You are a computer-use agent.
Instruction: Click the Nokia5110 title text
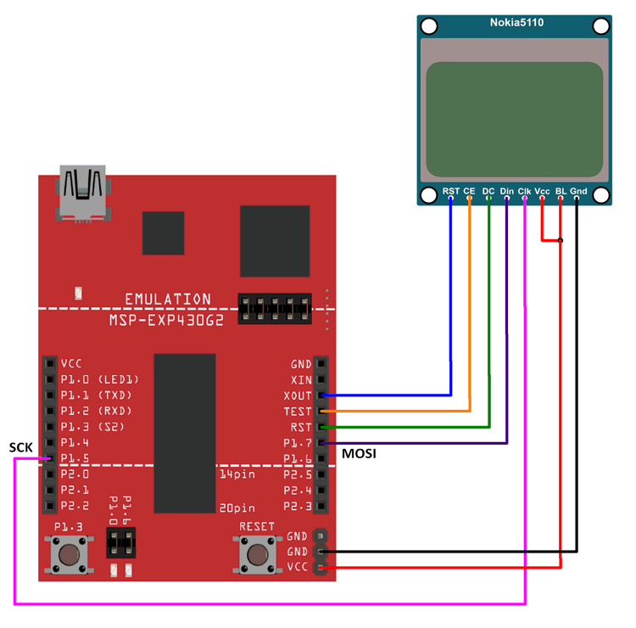(514, 22)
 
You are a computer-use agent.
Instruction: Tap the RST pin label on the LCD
(451, 192)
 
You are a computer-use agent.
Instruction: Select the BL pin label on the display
(560, 192)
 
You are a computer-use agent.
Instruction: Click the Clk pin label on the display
(525, 192)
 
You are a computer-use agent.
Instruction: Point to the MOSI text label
(359, 455)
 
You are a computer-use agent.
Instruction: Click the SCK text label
(21, 447)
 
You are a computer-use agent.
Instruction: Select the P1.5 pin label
(75, 459)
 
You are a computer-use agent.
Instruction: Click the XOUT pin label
(298, 395)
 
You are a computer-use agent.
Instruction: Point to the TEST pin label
(298, 412)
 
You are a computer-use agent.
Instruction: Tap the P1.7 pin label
(298, 443)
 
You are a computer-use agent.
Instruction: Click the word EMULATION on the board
(168, 300)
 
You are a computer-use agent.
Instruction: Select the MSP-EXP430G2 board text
(161, 321)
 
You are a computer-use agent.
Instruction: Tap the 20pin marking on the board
(237, 507)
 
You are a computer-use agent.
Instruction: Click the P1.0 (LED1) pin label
(99, 379)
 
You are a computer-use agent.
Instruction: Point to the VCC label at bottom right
(298, 567)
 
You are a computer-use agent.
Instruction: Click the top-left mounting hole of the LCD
(429, 26)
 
